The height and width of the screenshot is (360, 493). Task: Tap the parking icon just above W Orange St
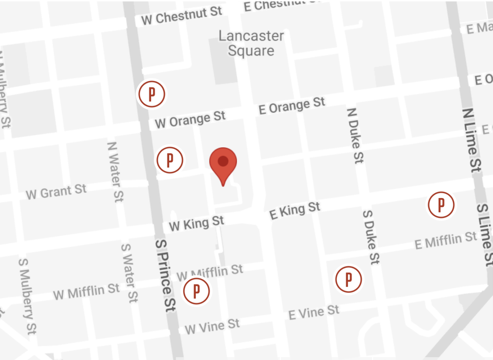coord(152,94)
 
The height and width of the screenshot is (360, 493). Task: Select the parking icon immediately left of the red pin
coord(169,160)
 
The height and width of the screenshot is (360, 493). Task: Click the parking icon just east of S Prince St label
coord(196,291)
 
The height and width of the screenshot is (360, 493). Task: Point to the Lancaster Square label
coord(251,43)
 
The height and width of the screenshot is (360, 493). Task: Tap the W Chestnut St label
coord(181,15)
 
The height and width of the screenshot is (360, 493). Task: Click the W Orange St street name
coord(190,119)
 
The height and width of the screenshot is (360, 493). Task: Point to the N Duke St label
coord(355,135)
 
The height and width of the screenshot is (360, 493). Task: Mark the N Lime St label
coord(472,139)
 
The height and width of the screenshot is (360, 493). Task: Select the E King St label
coord(295,211)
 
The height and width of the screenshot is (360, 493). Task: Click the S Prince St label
coord(166,276)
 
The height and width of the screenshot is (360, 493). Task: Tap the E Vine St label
coord(314,312)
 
